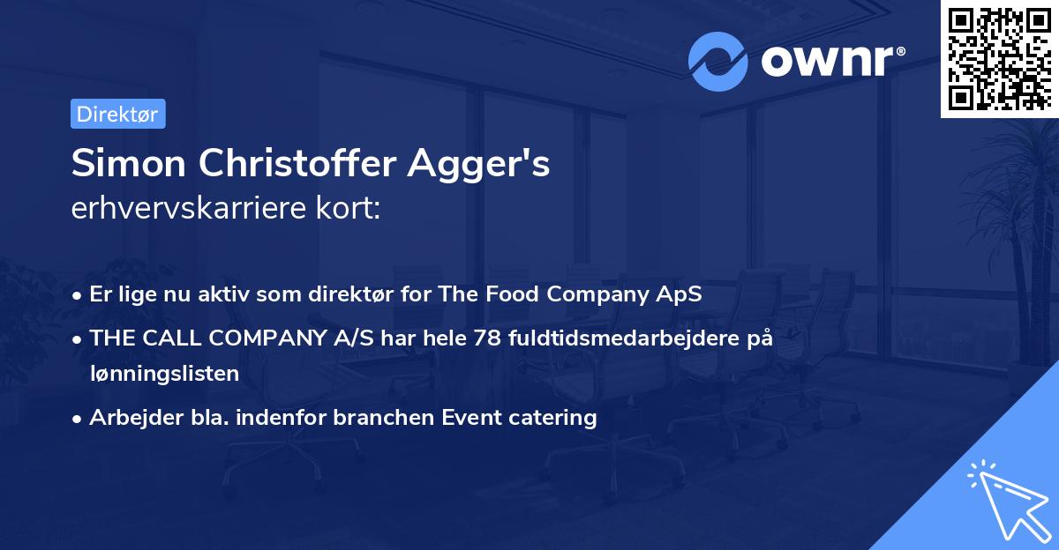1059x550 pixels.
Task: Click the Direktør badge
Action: pyautogui.click(x=117, y=115)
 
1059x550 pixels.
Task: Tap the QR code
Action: pyautogui.click(x=999, y=58)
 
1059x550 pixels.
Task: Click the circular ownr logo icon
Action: pyautogui.click(x=718, y=61)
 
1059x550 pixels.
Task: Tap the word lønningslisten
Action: pyautogui.click(x=164, y=374)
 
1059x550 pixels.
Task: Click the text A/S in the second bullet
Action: pyautogui.click(x=320, y=338)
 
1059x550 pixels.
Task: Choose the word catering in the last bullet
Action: pyautogui.click(x=556, y=417)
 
